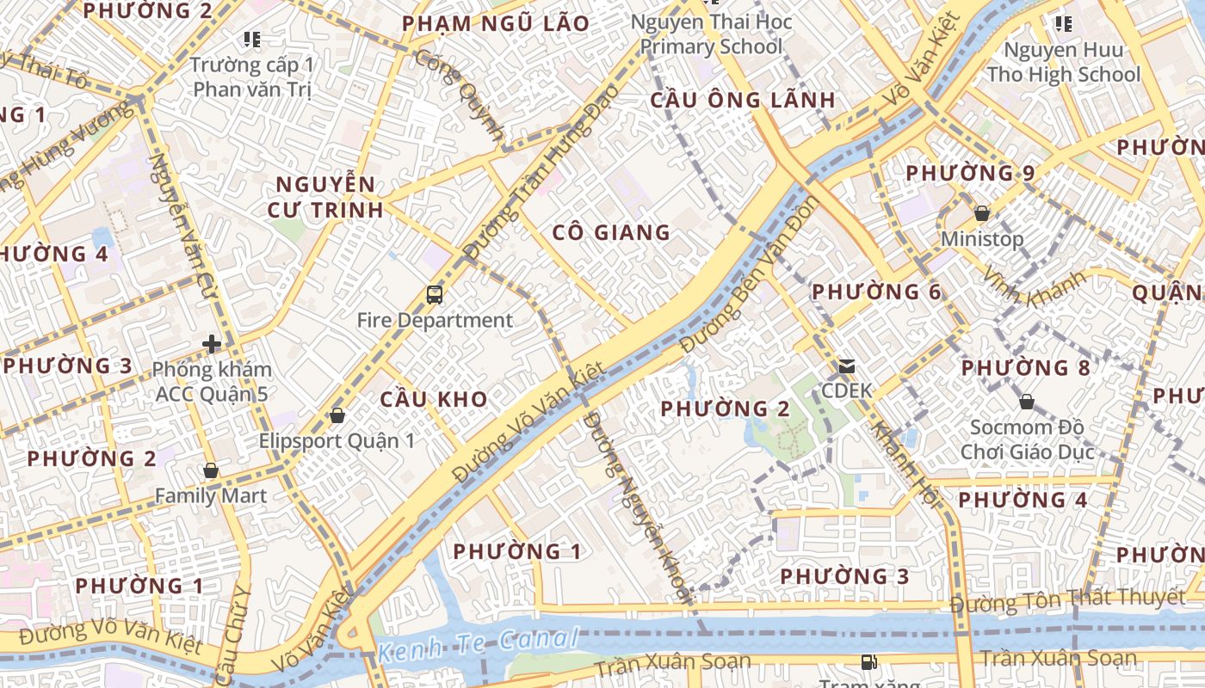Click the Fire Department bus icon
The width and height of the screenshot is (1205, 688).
click(x=435, y=295)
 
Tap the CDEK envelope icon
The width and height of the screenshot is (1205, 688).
click(x=847, y=366)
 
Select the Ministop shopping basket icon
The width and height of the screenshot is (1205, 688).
click(x=981, y=213)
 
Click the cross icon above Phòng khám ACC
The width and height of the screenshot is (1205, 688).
click(x=211, y=344)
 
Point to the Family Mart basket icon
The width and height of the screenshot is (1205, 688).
click(x=211, y=470)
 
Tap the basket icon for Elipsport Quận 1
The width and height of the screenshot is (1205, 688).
click(x=337, y=415)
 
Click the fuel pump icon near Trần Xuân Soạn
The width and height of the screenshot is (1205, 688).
click(x=869, y=661)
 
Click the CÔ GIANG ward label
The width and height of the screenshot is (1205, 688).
click(x=611, y=232)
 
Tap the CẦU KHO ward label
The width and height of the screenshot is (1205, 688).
click(x=434, y=399)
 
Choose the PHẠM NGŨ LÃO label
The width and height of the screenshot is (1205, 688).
click(x=497, y=23)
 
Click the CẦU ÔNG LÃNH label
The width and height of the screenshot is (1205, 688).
click(x=742, y=100)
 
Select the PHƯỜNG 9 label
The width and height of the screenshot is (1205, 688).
click(x=970, y=173)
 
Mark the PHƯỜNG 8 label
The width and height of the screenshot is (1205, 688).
click(x=1025, y=368)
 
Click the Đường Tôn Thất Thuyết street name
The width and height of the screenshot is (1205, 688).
click(x=1067, y=599)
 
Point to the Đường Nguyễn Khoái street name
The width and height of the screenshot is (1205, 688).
click(x=638, y=507)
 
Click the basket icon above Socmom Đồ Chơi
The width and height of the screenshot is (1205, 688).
click(x=1026, y=402)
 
